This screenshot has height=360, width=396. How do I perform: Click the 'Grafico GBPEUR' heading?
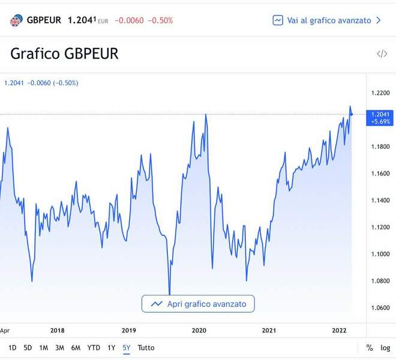pyautogui.click(x=65, y=53)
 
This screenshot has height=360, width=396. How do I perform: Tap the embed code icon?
pyautogui.click(x=382, y=54)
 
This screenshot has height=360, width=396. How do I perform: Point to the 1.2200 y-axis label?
pyautogui.click(x=380, y=93)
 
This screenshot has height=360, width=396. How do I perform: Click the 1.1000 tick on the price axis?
pyautogui.click(x=380, y=254)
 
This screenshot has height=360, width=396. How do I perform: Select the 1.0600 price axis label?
pyautogui.click(x=380, y=308)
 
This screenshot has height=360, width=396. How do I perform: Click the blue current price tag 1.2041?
pyautogui.click(x=381, y=117)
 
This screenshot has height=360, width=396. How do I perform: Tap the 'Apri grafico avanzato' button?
pyautogui.click(x=198, y=304)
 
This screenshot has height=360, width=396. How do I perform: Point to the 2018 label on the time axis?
pyautogui.click(x=58, y=330)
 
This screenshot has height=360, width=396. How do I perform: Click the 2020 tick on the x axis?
pyautogui.click(x=199, y=330)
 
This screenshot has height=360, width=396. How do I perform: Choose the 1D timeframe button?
pyautogui.click(x=13, y=347)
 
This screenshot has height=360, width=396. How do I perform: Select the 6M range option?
pyautogui.click(x=76, y=347)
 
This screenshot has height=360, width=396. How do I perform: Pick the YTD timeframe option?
pyautogui.click(x=94, y=347)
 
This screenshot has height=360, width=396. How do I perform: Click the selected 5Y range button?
pyautogui.click(x=127, y=347)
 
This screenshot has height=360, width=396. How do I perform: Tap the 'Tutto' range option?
pyautogui.click(x=146, y=347)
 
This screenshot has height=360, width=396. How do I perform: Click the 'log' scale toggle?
pyautogui.click(x=385, y=347)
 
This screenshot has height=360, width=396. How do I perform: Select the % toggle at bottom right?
pyautogui.click(x=370, y=347)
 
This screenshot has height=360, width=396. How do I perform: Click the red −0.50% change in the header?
pyautogui.click(x=161, y=20)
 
